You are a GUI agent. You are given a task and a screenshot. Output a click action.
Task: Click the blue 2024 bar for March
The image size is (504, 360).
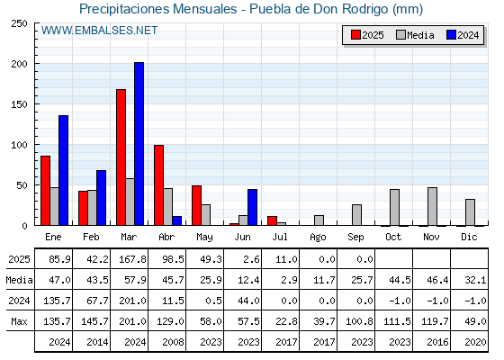(139, 144)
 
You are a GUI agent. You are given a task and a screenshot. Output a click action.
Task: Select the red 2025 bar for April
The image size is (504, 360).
(158, 185)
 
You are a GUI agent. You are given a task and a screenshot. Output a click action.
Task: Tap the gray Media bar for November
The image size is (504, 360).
(432, 206)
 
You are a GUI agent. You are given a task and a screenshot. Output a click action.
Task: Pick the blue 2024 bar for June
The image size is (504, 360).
(252, 207)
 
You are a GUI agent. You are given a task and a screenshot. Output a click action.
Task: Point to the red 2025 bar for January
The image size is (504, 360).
(45, 191)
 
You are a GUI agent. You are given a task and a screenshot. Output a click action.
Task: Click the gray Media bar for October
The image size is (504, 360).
(394, 207)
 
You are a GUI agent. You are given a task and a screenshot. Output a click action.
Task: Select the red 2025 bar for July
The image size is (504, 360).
(272, 220)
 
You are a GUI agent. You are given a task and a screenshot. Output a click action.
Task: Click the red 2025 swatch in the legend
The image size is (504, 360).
(355, 35)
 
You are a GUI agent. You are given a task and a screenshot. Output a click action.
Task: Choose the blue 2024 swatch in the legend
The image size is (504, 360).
(451, 35)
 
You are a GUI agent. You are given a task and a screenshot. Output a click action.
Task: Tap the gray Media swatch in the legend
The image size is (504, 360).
(400, 35)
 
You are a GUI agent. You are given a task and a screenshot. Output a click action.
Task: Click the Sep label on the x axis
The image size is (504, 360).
(355, 238)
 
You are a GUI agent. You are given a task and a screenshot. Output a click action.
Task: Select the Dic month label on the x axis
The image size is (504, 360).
(469, 237)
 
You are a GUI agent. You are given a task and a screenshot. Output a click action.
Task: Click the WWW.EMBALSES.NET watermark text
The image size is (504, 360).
(99, 31)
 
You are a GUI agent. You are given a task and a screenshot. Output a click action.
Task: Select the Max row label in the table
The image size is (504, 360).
(19, 321)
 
